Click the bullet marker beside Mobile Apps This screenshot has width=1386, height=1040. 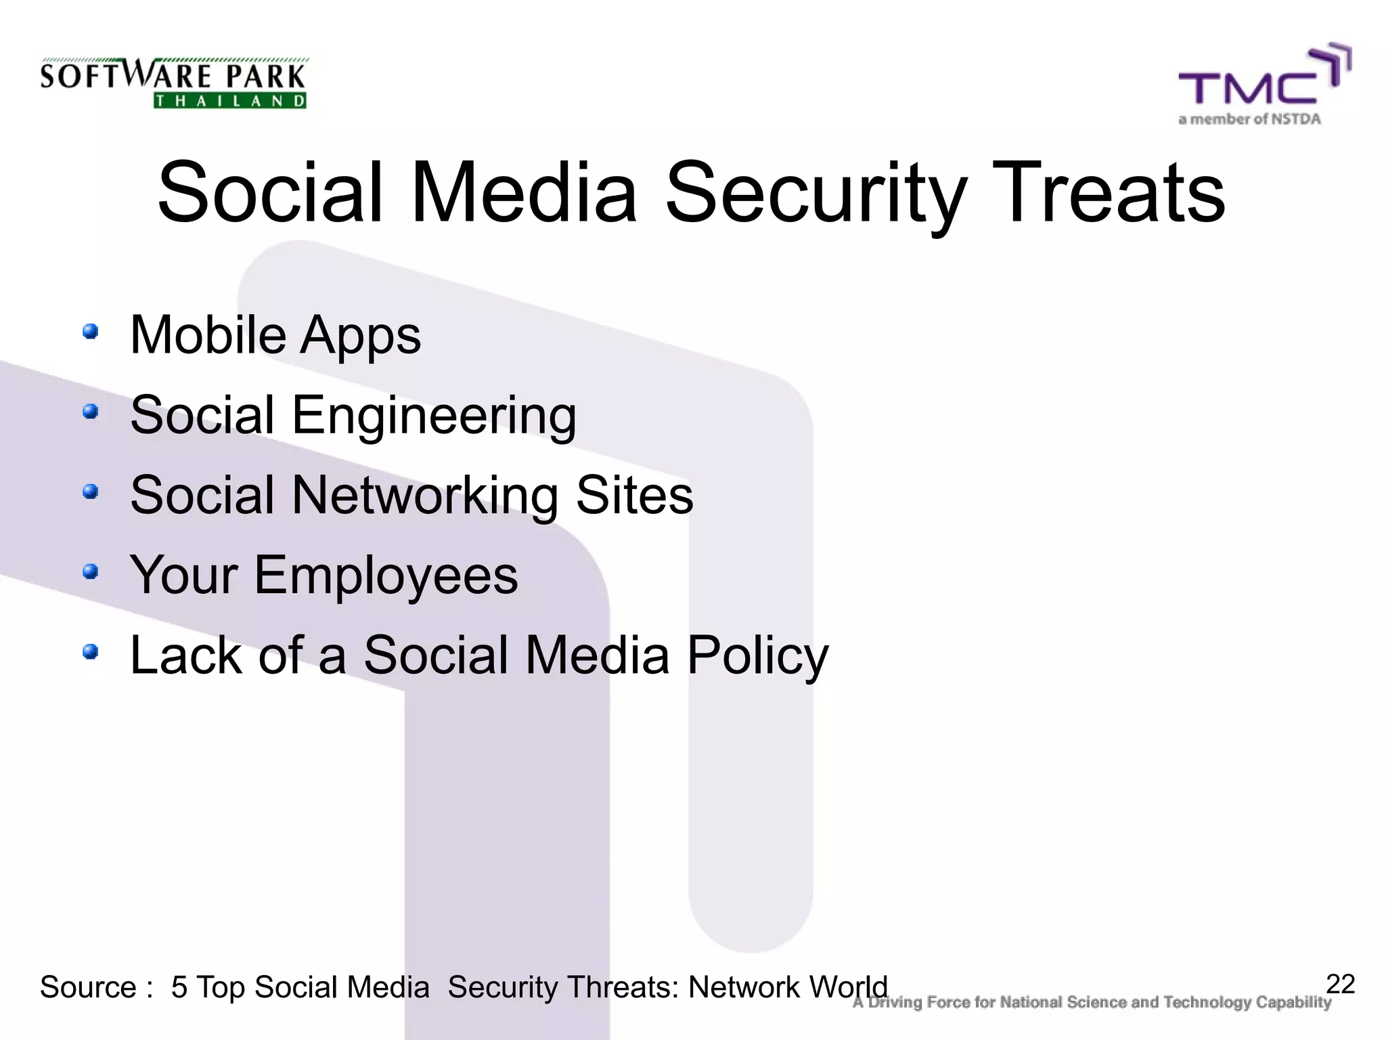pos(90,332)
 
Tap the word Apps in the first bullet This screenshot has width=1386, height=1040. pos(360,336)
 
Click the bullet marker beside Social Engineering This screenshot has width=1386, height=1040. pos(90,412)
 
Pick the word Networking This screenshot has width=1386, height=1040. pos(424,496)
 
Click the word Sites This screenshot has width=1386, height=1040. pos(634,496)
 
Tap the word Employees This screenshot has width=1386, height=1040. pos(386,576)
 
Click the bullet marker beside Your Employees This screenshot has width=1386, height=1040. pos(90,572)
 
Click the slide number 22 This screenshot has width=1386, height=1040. pos(1340,984)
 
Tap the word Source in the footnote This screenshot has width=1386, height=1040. pos(88,987)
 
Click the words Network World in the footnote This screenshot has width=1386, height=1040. pos(787,987)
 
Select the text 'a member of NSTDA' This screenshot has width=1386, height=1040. pos(1249,119)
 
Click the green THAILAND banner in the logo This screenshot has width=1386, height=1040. pos(230,101)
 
